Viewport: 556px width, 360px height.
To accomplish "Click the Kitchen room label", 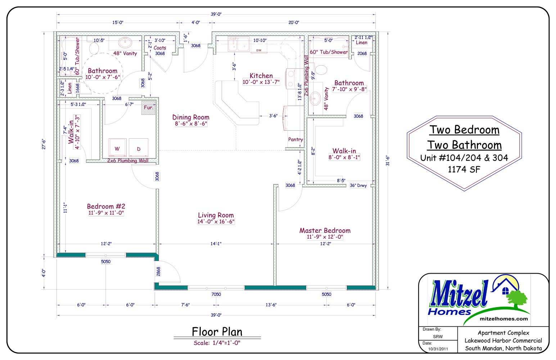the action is pyautogui.click(x=261, y=76).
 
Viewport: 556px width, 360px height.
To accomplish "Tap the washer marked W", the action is pyautogui.click(x=117, y=148).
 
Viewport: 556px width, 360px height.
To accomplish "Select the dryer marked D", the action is pyautogui.click(x=139, y=148).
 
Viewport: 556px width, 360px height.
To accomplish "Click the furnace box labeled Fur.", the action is pyautogui.click(x=148, y=108).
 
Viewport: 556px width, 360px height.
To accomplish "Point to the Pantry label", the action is pyautogui.click(x=295, y=140).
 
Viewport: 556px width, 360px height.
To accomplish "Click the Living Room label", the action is pyautogui.click(x=216, y=215).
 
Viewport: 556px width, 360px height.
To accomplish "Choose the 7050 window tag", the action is pyautogui.click(x=216, y=294).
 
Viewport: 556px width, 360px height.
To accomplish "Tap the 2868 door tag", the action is pyautogui.click(x=158, y=271).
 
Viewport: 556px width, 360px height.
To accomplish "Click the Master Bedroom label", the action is pyautogui.click(x=325, y=231).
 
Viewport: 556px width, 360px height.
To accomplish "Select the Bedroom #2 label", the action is pyautogui.click(x=106, y=206).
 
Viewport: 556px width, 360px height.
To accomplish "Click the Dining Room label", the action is pyautogui.click(x=191, y=117).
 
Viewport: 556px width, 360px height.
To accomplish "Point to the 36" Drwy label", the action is pyautogui.click(x=358, y=185).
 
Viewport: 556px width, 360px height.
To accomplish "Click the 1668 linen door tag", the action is pyautogui.click(x=78, y=88).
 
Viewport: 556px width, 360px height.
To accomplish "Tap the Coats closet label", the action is pyautogui.click(x=159, y=48).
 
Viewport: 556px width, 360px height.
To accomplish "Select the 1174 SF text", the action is pyautogui.click(x=464, y=170).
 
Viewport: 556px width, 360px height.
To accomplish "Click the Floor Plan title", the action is pyautogui.click(x=217, y=332).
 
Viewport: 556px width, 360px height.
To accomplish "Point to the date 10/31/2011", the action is pyautogui.click(x=438, y=349).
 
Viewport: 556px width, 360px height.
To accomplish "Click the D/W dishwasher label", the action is pyautogui.click(x=259, y=50).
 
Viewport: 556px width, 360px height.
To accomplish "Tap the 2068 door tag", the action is pyautogui.click(x=362, y=53).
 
